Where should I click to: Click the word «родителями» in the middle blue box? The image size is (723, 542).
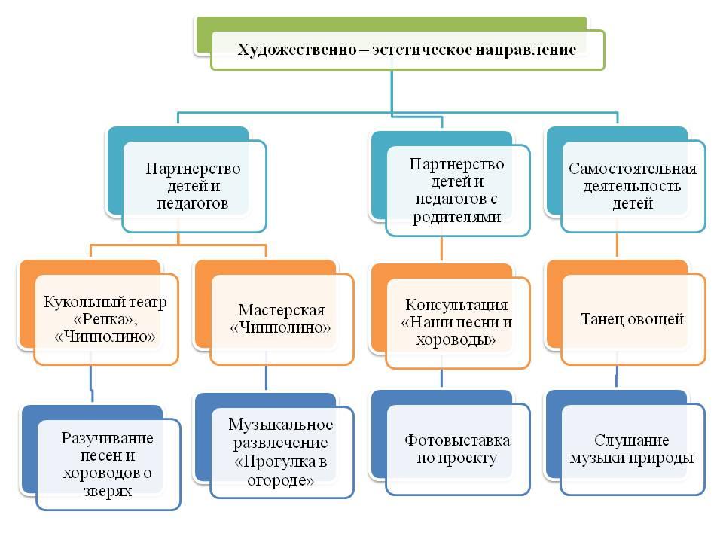pos(456,217)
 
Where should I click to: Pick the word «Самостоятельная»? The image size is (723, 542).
pos(633,169)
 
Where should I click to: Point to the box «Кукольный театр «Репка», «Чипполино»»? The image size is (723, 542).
pos(106,319)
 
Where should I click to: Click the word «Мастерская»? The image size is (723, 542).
pos(281,310)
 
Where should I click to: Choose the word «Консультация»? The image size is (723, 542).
pos(456,305)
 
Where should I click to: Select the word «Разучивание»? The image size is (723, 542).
pos(107,438)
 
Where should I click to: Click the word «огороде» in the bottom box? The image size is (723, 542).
pos(278,481)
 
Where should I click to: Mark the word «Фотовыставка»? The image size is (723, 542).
pos(457,440)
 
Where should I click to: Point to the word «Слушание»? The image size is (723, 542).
pos(631,440)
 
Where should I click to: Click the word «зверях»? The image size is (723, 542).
pos(108,492)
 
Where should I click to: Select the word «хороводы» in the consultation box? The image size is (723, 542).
pos(453,340)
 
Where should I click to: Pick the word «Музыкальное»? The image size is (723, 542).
pos(281,425)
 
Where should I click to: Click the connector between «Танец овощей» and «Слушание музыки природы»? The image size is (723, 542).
pos(617,378)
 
